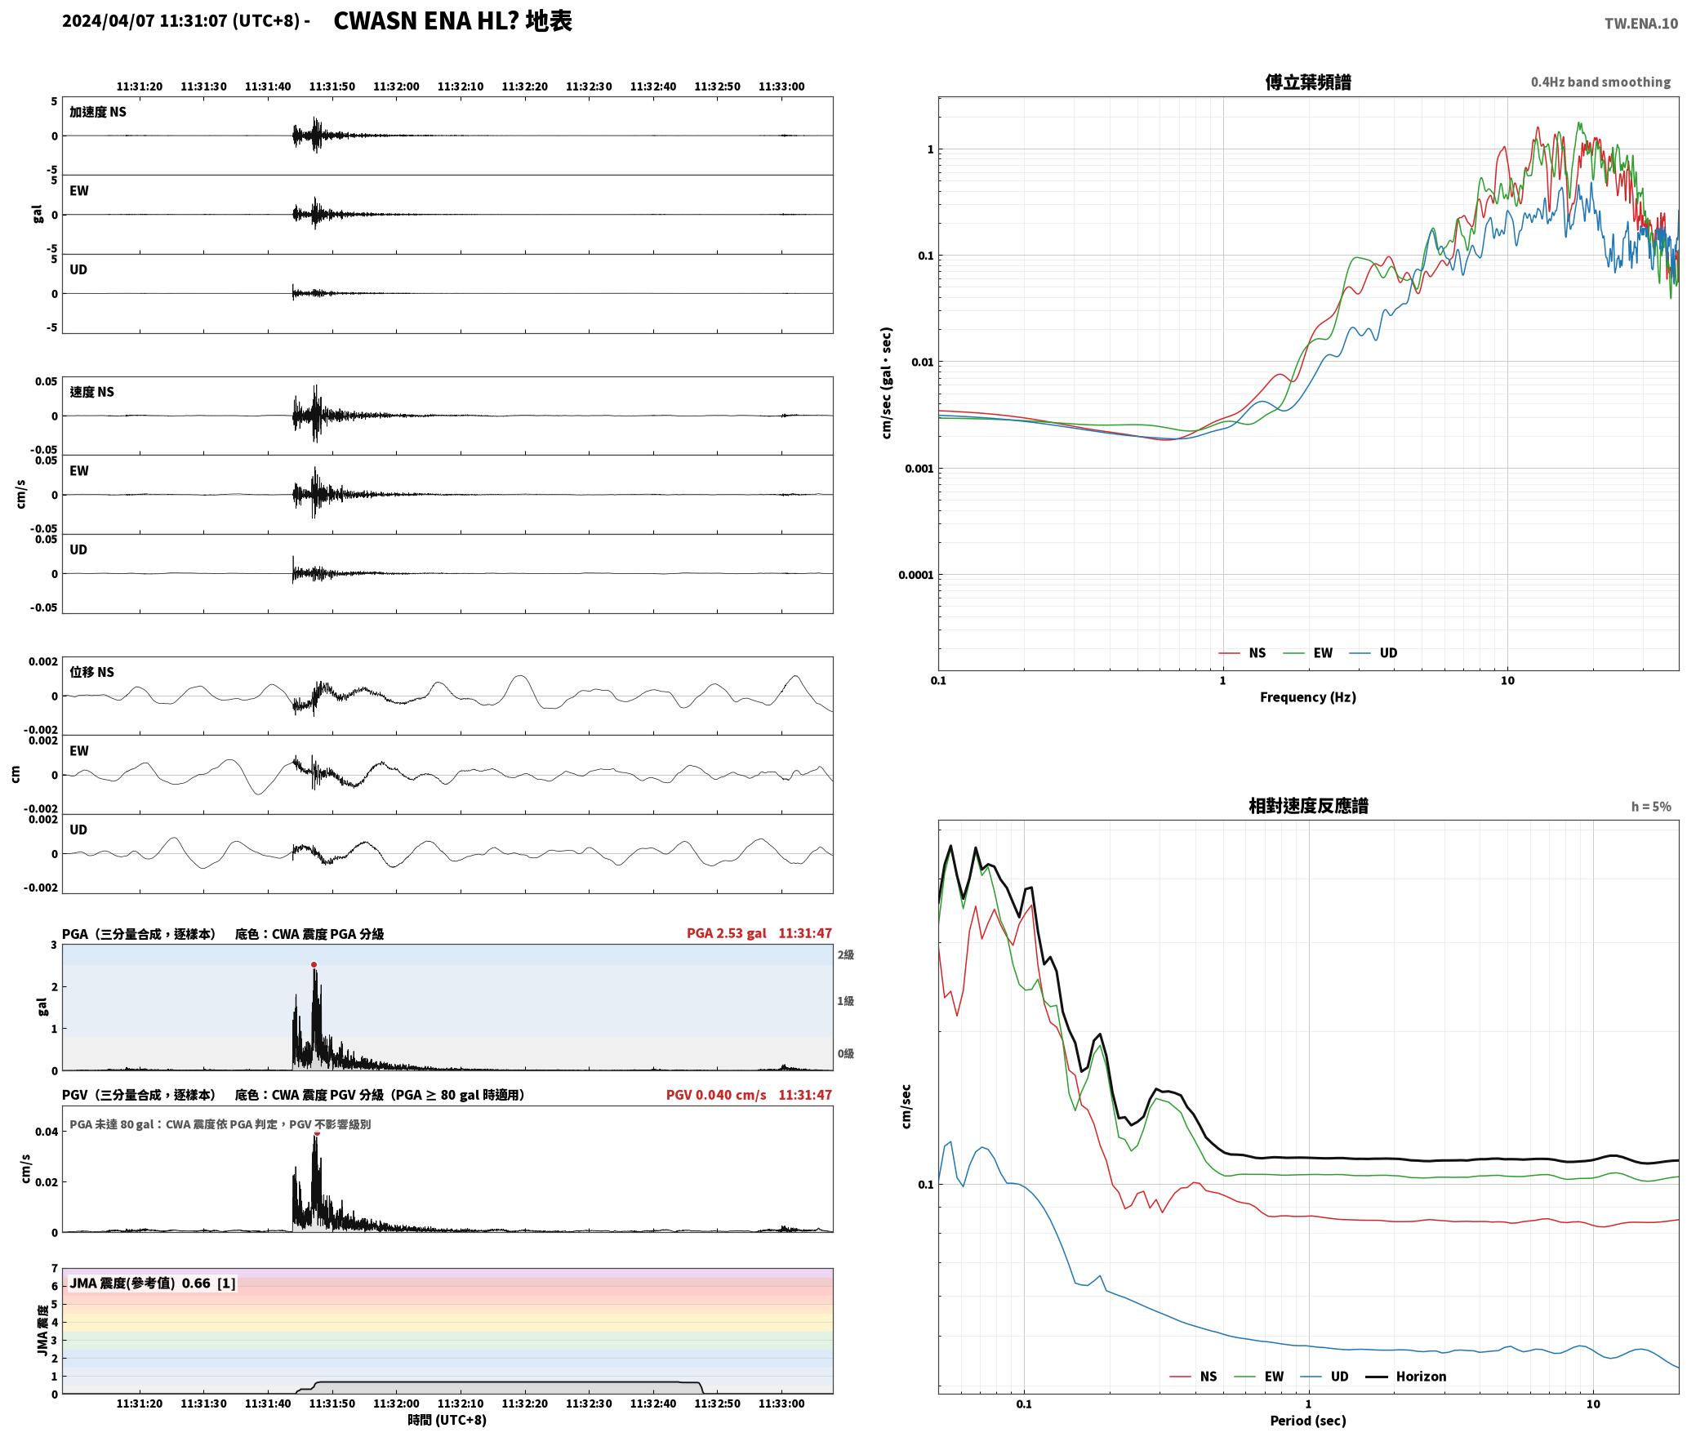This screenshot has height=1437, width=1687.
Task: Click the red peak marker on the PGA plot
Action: point(314,964)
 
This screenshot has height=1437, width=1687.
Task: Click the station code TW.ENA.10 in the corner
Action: point(1641,24)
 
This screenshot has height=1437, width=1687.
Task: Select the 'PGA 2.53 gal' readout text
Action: point(726,933)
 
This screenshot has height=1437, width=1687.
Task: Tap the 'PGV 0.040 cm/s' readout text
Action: point(716,1095)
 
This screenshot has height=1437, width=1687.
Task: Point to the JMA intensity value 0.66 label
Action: point(196,1284)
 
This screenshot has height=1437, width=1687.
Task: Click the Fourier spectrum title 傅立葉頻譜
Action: point(1307,82)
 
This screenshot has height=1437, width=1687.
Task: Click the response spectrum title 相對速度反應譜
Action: point(1308,806)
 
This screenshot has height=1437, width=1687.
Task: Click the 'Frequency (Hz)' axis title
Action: point(1307,697)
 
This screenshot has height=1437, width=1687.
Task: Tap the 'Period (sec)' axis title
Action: point(1307,1421)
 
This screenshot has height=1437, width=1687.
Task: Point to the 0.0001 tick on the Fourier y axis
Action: point(915,576)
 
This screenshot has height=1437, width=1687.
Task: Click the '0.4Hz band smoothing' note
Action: point(1600,82)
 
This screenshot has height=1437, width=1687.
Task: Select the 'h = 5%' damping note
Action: point(1651,807)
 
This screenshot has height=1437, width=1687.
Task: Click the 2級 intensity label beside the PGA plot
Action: point(845,954)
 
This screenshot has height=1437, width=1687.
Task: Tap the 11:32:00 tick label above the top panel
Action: point(396,87)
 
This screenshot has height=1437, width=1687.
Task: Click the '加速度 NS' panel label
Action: point(98,113)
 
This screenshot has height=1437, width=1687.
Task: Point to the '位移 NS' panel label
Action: point(92,673)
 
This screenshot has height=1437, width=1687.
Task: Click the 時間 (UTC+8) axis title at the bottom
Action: point(447,1421)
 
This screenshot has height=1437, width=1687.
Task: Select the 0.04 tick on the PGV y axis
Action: point(47,1132)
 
